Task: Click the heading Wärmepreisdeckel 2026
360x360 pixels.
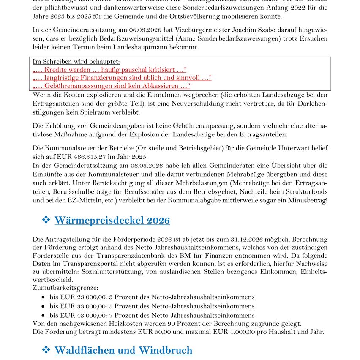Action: tap(112, 220)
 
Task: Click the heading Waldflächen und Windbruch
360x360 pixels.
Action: tap(123, 350)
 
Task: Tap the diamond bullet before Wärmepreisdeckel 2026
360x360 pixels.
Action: tap(46, 220)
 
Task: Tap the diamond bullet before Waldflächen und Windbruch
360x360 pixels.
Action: tap(46, 350)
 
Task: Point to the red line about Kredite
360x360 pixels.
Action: tap(109, 70)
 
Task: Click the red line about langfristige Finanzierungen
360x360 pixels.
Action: tap(122, 78)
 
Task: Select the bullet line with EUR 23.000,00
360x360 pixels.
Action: tap(152, 297)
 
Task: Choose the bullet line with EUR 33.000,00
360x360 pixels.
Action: tap(152, 306)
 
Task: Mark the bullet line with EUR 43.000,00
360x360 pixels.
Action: tap(152, 315)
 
